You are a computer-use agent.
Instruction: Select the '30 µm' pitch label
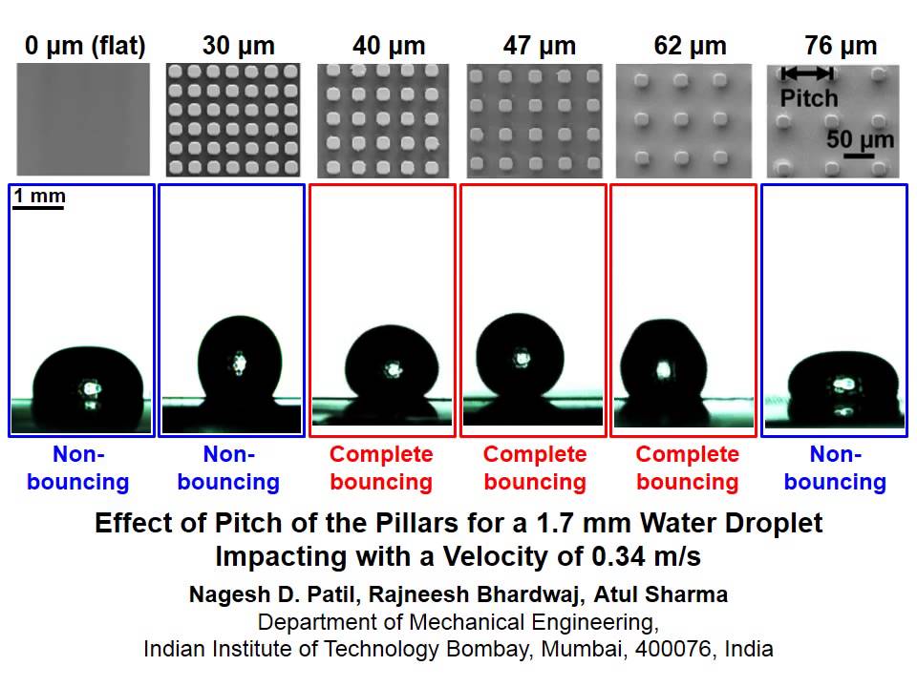tap(238, 46)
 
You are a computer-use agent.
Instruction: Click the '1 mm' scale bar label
tap(39, 197)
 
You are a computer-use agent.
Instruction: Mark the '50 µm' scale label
tap(860, 140)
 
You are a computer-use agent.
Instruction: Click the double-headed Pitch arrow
tap(807, 73)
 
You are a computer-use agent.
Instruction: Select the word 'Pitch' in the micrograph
tap(809, 97)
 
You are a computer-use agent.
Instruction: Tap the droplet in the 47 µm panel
tap(520, 358)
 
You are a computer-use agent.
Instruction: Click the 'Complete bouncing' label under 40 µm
tap(381, 468)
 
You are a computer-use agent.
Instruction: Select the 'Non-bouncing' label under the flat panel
tap(78, 468)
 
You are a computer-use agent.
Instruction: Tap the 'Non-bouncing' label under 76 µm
tap(835, 468)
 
